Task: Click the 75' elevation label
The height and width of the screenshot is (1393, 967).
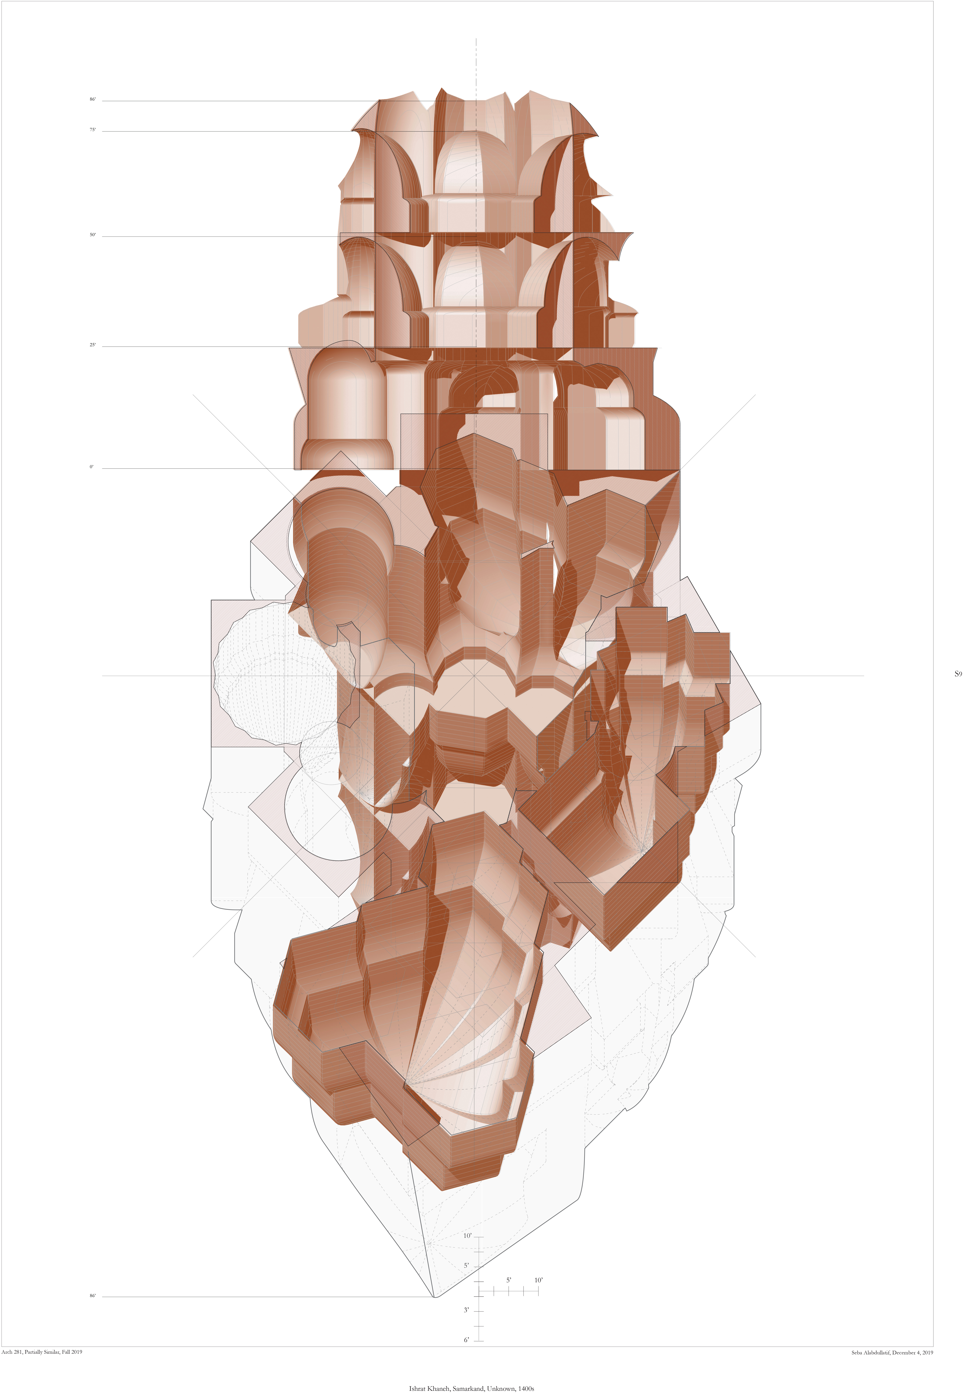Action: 93,130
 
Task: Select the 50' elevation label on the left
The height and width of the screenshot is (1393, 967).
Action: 93,235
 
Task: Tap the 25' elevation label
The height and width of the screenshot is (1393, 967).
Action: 93,345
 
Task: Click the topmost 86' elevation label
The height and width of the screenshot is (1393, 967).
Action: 93,99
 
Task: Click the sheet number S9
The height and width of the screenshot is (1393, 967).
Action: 958,673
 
